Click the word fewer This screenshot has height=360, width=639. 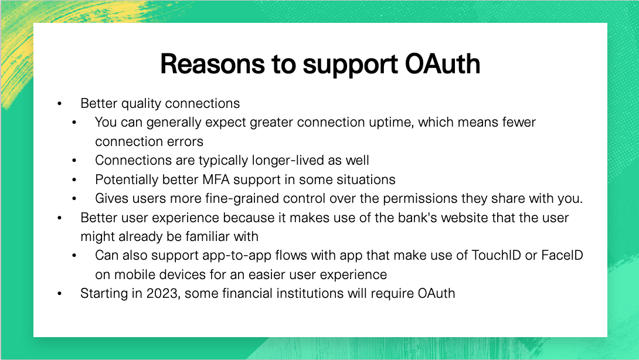(x=515, y=123)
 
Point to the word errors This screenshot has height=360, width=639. (x=184, y=141)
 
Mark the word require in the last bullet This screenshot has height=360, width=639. (x=393, y=293)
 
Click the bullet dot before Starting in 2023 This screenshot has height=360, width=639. (x=59, y=294)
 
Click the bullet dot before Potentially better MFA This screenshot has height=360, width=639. (x=74, y=179)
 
